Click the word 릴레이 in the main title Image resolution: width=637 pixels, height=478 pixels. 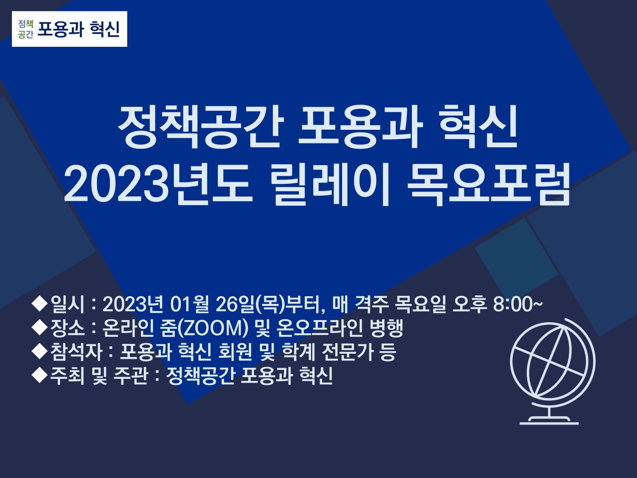328,184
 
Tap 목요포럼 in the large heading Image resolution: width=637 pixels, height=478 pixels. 488,184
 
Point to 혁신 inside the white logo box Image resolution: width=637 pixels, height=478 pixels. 105,29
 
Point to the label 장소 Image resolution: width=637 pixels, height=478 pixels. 68,328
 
